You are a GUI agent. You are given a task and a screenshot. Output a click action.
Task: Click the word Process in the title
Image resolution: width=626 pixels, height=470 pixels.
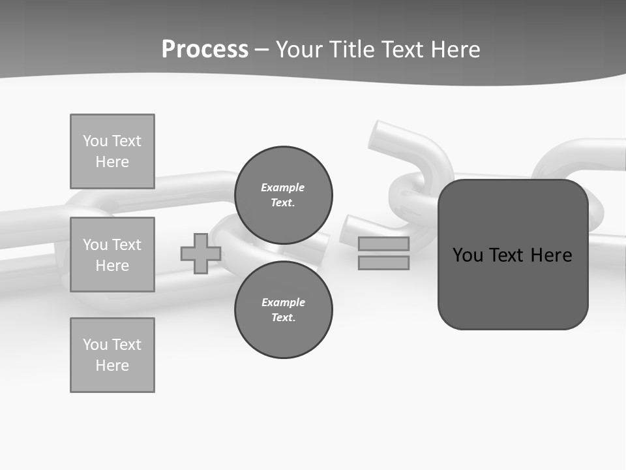205,50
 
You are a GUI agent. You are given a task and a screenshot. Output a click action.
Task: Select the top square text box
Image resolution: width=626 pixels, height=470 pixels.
112,151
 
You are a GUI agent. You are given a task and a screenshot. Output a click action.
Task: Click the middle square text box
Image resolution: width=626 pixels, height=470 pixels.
112,255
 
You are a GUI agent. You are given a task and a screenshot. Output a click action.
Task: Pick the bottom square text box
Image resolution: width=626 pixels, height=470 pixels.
112,355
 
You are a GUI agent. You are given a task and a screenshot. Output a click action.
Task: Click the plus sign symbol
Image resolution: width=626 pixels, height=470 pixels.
201,253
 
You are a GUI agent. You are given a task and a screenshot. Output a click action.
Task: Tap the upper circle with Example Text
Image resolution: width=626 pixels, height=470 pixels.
284,195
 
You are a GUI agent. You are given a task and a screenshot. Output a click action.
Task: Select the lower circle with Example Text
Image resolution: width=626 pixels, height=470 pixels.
284,310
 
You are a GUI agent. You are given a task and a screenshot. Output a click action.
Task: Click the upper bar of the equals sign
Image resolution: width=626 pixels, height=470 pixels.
383,244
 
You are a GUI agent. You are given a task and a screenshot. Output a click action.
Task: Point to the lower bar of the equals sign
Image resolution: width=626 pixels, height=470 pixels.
383,262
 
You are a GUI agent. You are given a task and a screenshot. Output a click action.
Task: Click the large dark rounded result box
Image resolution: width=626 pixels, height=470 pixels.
513,287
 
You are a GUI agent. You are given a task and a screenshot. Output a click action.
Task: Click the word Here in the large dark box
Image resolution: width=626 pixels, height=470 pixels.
552,255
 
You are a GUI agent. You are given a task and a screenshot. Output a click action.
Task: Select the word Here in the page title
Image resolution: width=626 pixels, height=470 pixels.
455,50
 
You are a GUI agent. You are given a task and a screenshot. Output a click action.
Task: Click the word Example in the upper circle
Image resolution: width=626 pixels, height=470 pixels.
282,187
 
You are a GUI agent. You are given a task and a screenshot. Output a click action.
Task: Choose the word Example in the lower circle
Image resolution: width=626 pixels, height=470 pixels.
283,302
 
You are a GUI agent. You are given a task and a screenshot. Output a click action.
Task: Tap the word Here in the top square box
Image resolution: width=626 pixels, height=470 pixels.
112,162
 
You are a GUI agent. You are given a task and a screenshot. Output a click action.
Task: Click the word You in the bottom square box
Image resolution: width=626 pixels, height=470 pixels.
95,345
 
